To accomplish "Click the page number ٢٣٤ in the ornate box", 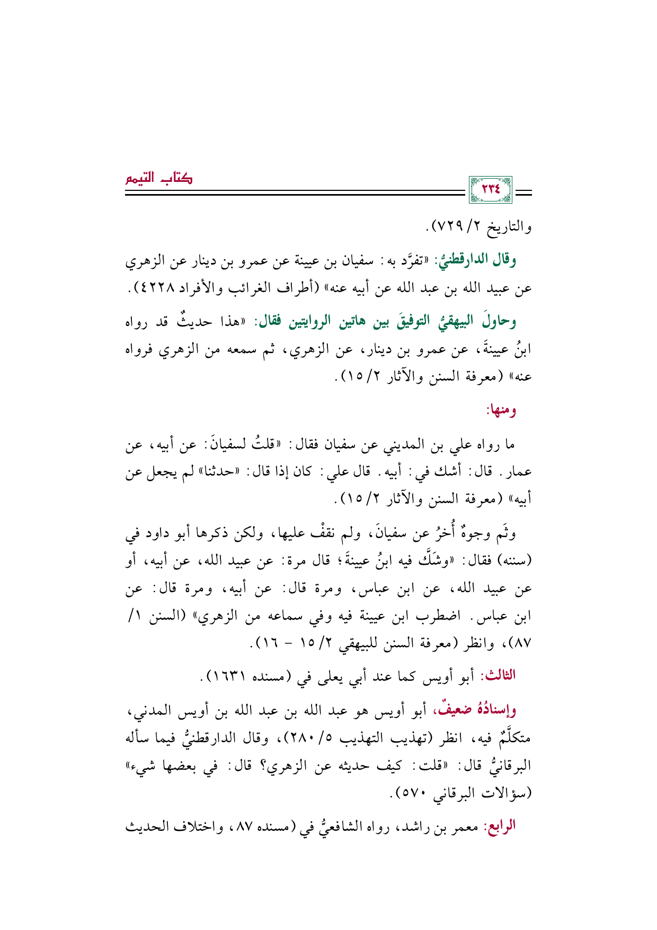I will (x=491, y=189).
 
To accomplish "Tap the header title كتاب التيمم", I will (x=159, y=178).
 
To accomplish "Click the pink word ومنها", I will (x=501, y=410).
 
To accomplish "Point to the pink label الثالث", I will (x=498, y=675).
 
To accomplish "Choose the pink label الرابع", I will (x=498, y=826).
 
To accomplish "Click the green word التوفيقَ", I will (x=387, y=322).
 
